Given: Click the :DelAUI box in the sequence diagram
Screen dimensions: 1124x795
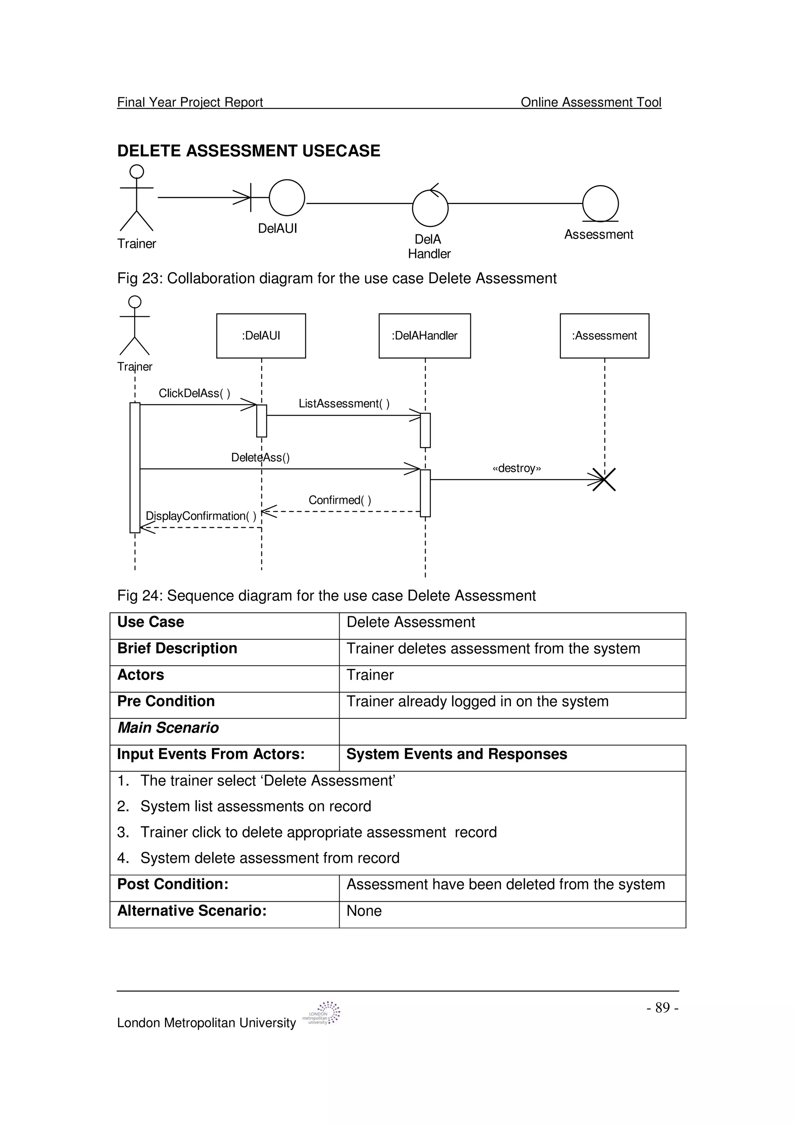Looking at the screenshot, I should pos(261,336).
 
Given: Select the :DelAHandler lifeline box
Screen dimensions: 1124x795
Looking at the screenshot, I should pos(425,336).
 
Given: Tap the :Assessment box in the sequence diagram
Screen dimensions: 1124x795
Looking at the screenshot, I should pos(604,336).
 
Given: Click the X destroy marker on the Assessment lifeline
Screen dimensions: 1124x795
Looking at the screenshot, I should pos(604,480).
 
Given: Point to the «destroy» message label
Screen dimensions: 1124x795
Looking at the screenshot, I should pos(517,469).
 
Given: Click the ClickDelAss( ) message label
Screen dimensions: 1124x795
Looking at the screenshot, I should pos(194,393).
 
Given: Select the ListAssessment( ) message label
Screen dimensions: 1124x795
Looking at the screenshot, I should pos(344,403).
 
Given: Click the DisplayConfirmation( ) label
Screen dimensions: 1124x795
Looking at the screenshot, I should pos(201,516).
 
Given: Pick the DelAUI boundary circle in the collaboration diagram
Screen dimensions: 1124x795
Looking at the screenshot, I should pos(287,198).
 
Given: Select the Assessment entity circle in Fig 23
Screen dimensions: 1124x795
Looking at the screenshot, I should pos(601,203).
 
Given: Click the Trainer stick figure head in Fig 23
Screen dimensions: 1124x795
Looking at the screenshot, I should pos(137,171).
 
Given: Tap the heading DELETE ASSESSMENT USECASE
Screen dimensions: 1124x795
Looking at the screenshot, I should pos(249,151).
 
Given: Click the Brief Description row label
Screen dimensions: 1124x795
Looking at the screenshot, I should pos(177,648).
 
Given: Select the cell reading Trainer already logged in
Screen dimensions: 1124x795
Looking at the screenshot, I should pos(477,702).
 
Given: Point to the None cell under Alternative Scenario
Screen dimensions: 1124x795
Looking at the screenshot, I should pos(364,911).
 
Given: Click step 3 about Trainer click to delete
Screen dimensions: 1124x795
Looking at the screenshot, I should pos(318,832).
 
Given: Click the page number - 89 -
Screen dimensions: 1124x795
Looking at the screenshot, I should pos(662,1008).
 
